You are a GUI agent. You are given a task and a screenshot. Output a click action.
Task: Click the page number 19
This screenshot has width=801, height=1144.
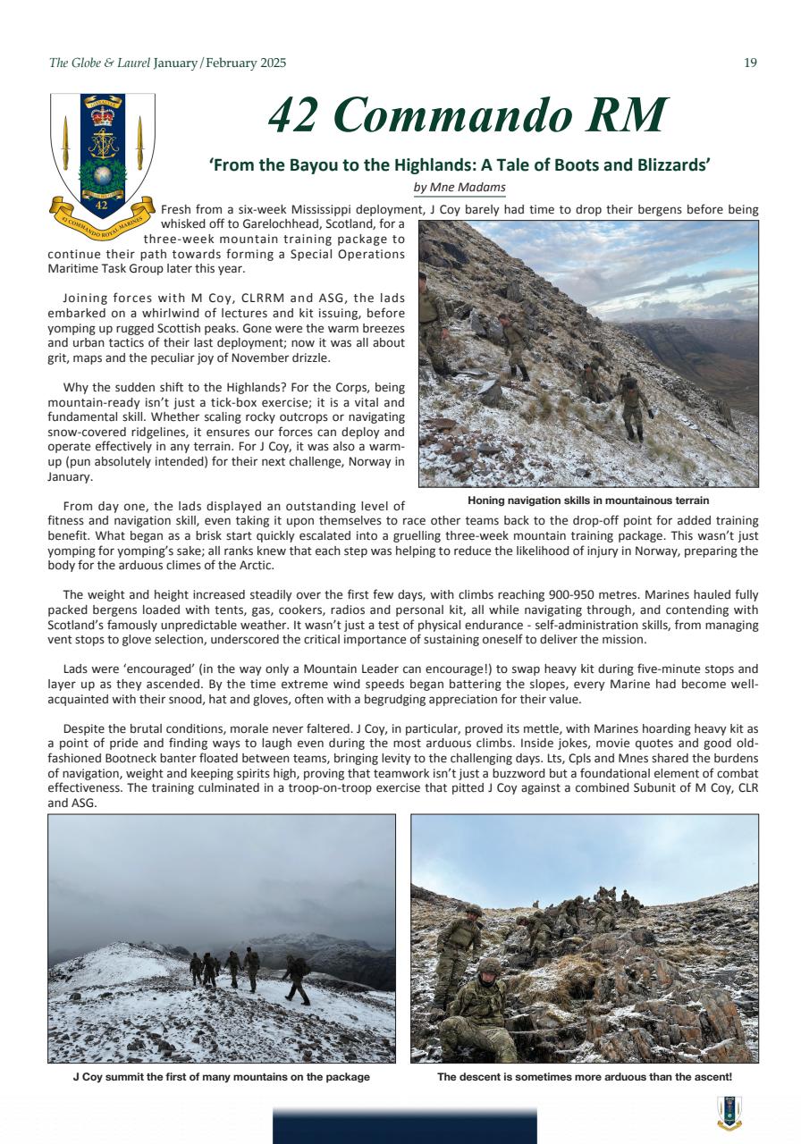click(750, 63)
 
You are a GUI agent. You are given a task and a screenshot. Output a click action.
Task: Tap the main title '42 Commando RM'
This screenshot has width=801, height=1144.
click(468, 115)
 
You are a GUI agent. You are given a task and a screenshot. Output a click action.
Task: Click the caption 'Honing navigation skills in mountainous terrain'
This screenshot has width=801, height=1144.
click(588, 500)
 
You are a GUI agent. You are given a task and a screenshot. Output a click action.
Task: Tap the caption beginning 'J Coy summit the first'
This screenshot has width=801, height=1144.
click(221, 1077)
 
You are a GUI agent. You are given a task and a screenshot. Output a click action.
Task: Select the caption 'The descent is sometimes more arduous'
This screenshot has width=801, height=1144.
click(585, 1077)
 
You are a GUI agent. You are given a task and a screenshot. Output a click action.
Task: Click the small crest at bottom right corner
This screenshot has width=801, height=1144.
click(729, 1113)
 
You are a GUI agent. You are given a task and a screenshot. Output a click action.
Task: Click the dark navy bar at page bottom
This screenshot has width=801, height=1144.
click(404, 1126)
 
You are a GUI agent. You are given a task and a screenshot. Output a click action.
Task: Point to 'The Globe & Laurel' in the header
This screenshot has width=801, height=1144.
click(98, 63)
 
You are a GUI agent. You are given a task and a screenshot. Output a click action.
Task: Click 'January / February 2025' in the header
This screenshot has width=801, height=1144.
click(220, 63)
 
